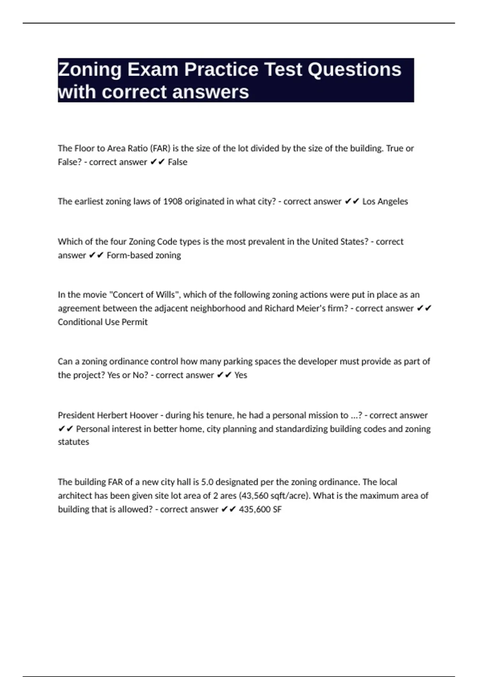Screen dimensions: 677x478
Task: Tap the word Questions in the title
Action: click(x=354, y=70)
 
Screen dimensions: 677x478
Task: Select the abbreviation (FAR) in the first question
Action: click(x=160, y=148)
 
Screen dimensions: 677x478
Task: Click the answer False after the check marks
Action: click(x=178, y=162)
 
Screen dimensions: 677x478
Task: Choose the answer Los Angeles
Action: click(x=385, y=202)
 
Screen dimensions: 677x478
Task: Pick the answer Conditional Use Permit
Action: click(x=103, y=322)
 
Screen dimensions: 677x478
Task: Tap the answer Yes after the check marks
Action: click(x=241, y=375)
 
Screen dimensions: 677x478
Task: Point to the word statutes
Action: click(x=73, y=442)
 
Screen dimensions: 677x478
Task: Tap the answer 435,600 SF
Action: click(x=260, y=509)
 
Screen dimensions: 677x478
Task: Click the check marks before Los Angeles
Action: click(x=352, y=202)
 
